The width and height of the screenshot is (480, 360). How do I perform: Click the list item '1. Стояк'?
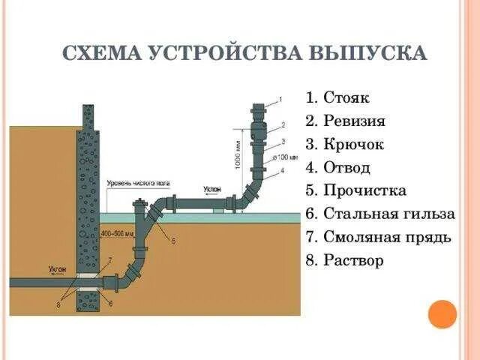point(337,98)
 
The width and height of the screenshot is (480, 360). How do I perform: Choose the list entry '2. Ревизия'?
point(346,121)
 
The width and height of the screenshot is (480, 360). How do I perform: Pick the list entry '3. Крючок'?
point(344,144)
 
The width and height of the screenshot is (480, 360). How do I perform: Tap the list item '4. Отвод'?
point(338,167)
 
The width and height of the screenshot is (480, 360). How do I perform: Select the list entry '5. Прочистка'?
point(355,190)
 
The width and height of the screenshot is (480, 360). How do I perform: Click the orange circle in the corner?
point(442,313)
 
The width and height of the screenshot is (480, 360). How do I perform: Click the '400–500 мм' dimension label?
point(120,233)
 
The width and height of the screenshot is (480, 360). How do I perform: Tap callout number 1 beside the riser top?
point(280,99)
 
